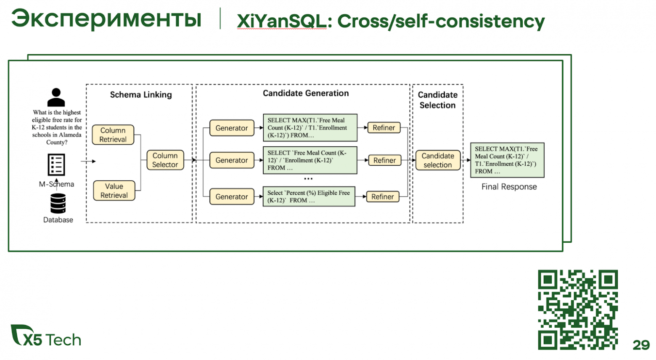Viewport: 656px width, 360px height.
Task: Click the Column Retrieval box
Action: pyautogui.click(x=113, y=135)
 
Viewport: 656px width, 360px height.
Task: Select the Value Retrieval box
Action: pyautogui.click(x=114, y=191)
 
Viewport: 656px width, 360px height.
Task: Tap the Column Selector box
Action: pyautogui.click(x=165, y=160)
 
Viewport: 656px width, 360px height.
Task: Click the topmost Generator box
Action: pyautogui.click(x=232, y=128)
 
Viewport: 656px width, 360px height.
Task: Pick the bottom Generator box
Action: pyautogui.click(x=232, y=196)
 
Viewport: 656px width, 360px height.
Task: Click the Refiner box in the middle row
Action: pyautogui.click(x=384, y=160)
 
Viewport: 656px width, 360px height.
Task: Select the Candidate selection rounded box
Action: pyautogui.click(x=437, y=160)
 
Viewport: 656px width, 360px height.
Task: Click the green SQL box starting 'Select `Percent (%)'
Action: pyautogui.click(x=309, y=196)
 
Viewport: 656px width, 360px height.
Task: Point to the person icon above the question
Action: pyautogui.click(x=56, y=97)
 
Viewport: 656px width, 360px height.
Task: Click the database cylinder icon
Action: pyautogui.click(x=58, y=204)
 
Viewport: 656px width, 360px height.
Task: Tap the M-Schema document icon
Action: pyautogui.click(x=56, y=164)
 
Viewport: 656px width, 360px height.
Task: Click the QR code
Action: pyautogui.click(x=578, y=310)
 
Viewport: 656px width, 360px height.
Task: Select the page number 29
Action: pyautogui.click(x=641, y=345)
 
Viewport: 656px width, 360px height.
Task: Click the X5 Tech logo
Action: pyautogui.click(x=46, y=336)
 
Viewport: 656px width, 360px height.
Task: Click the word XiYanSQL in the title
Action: pyautogui.click(x=281, y=21)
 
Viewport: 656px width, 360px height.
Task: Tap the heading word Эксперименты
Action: pyautogui.click(x=106, y=19)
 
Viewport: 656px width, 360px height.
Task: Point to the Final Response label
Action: pyautogui.click(x=509, y=187)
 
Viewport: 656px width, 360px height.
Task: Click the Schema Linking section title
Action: pyautogui.click(x=141, y=95)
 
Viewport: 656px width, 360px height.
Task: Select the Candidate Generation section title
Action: pyautogui.click(x=306, y=93)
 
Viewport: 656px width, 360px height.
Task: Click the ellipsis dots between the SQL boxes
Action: pyautogui.click(x=308, y=179)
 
